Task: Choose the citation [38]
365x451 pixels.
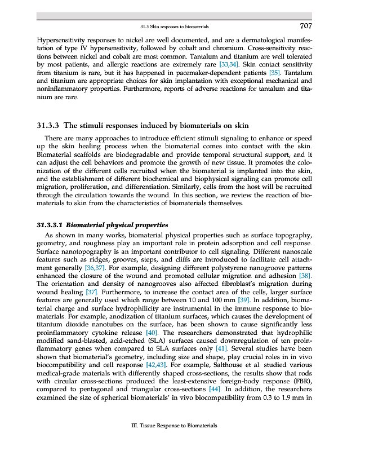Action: click(303, 276)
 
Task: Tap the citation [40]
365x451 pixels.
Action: click(151, 333)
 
